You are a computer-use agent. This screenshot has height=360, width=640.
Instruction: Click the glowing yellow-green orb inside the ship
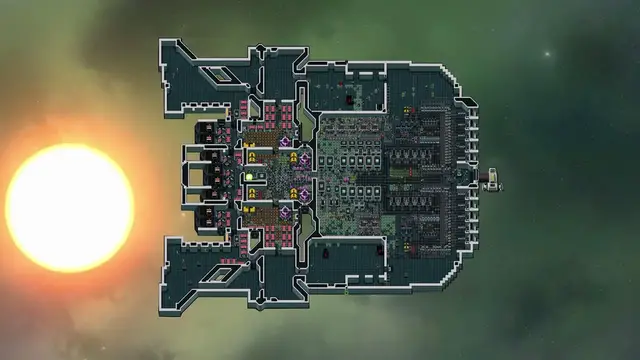[x=249, y=177]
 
